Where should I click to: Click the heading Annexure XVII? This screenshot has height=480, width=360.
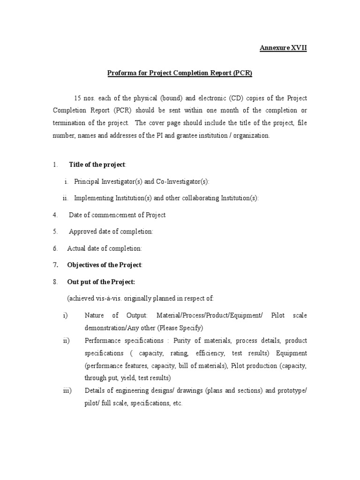pos(284,48)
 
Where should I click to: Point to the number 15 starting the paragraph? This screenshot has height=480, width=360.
pos(78,98)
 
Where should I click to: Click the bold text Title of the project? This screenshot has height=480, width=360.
pos(97,165)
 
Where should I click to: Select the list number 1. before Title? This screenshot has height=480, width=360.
pos(55,165)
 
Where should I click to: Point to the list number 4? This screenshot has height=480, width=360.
pos(55,215)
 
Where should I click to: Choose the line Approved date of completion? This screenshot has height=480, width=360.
pos(111,232)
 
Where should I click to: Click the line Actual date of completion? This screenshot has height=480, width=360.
pos(105,248)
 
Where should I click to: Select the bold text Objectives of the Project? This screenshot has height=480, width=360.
pos(104,265)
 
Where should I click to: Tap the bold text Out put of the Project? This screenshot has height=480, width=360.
pos(101,282)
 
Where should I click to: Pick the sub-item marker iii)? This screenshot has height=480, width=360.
pos(67,390)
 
